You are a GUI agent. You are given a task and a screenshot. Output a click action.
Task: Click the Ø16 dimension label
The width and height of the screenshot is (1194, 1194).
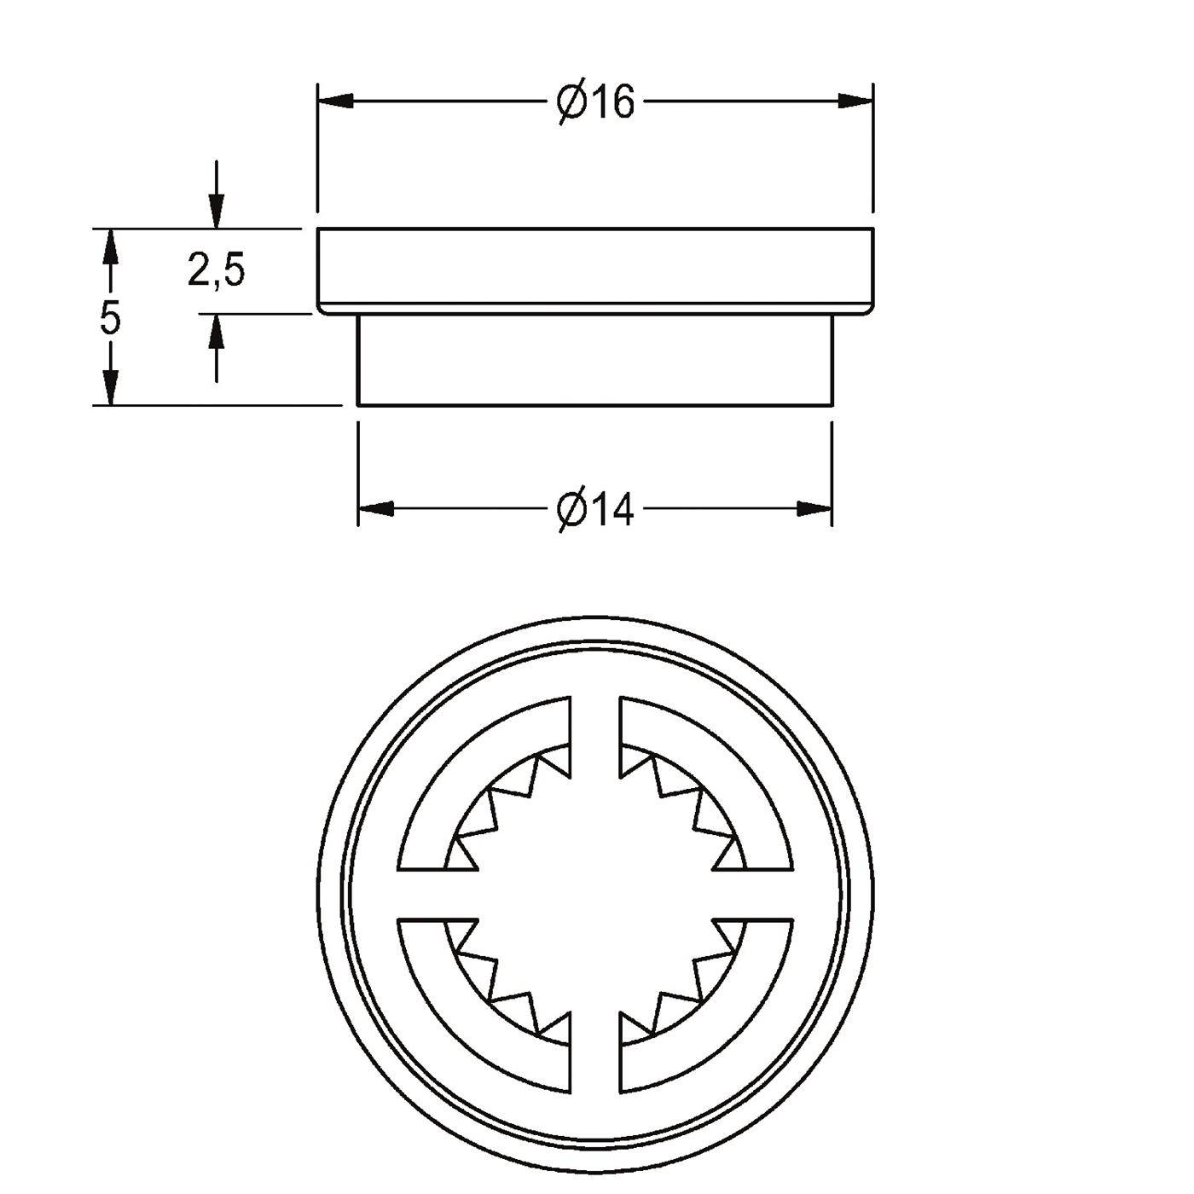595,102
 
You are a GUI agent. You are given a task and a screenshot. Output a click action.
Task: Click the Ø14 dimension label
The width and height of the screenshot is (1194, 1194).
595,510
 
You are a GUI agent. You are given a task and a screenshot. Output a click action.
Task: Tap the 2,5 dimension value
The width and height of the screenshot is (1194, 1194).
217,270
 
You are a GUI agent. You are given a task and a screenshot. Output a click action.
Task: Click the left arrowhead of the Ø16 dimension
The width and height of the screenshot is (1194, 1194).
336,101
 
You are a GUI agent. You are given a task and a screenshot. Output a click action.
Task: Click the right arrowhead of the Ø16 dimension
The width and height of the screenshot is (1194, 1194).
855,101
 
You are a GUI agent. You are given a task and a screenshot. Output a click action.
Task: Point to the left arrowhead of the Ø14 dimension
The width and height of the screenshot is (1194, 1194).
376,509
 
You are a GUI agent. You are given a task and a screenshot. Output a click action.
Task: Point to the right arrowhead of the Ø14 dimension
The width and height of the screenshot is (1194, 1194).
814,509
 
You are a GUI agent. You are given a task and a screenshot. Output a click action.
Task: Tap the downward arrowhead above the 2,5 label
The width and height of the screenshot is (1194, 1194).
217,212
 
